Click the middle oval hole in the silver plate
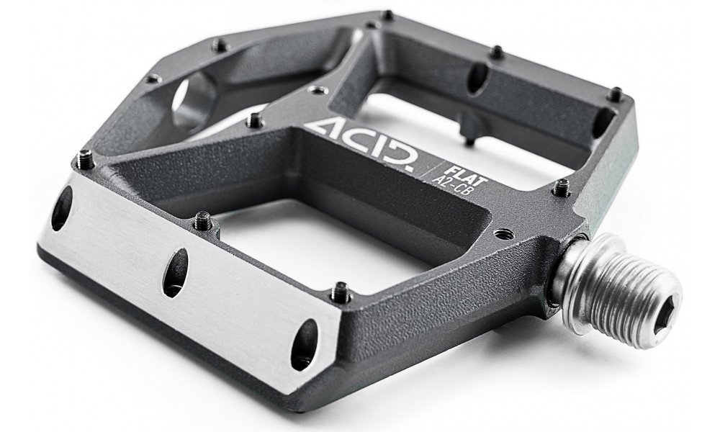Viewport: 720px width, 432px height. tap(175, 272)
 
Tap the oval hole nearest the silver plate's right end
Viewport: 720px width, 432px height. tap(304, 343)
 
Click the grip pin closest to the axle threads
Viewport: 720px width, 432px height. tap(561, 189)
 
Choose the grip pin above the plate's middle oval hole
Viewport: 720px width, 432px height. tap(204, 220)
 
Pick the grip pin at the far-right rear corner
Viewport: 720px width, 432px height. tap(615, 94)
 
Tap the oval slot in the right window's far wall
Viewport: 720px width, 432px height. tap(477, 78)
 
